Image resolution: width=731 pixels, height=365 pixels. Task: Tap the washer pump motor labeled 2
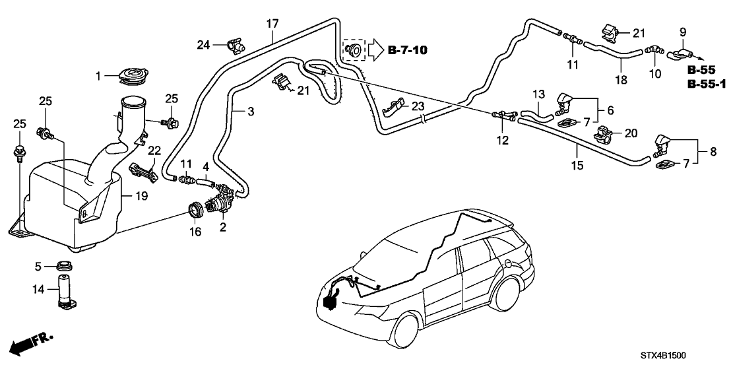223,199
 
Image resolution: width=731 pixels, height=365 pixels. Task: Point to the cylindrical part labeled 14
67,291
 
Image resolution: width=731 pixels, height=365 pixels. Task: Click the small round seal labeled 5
65,267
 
